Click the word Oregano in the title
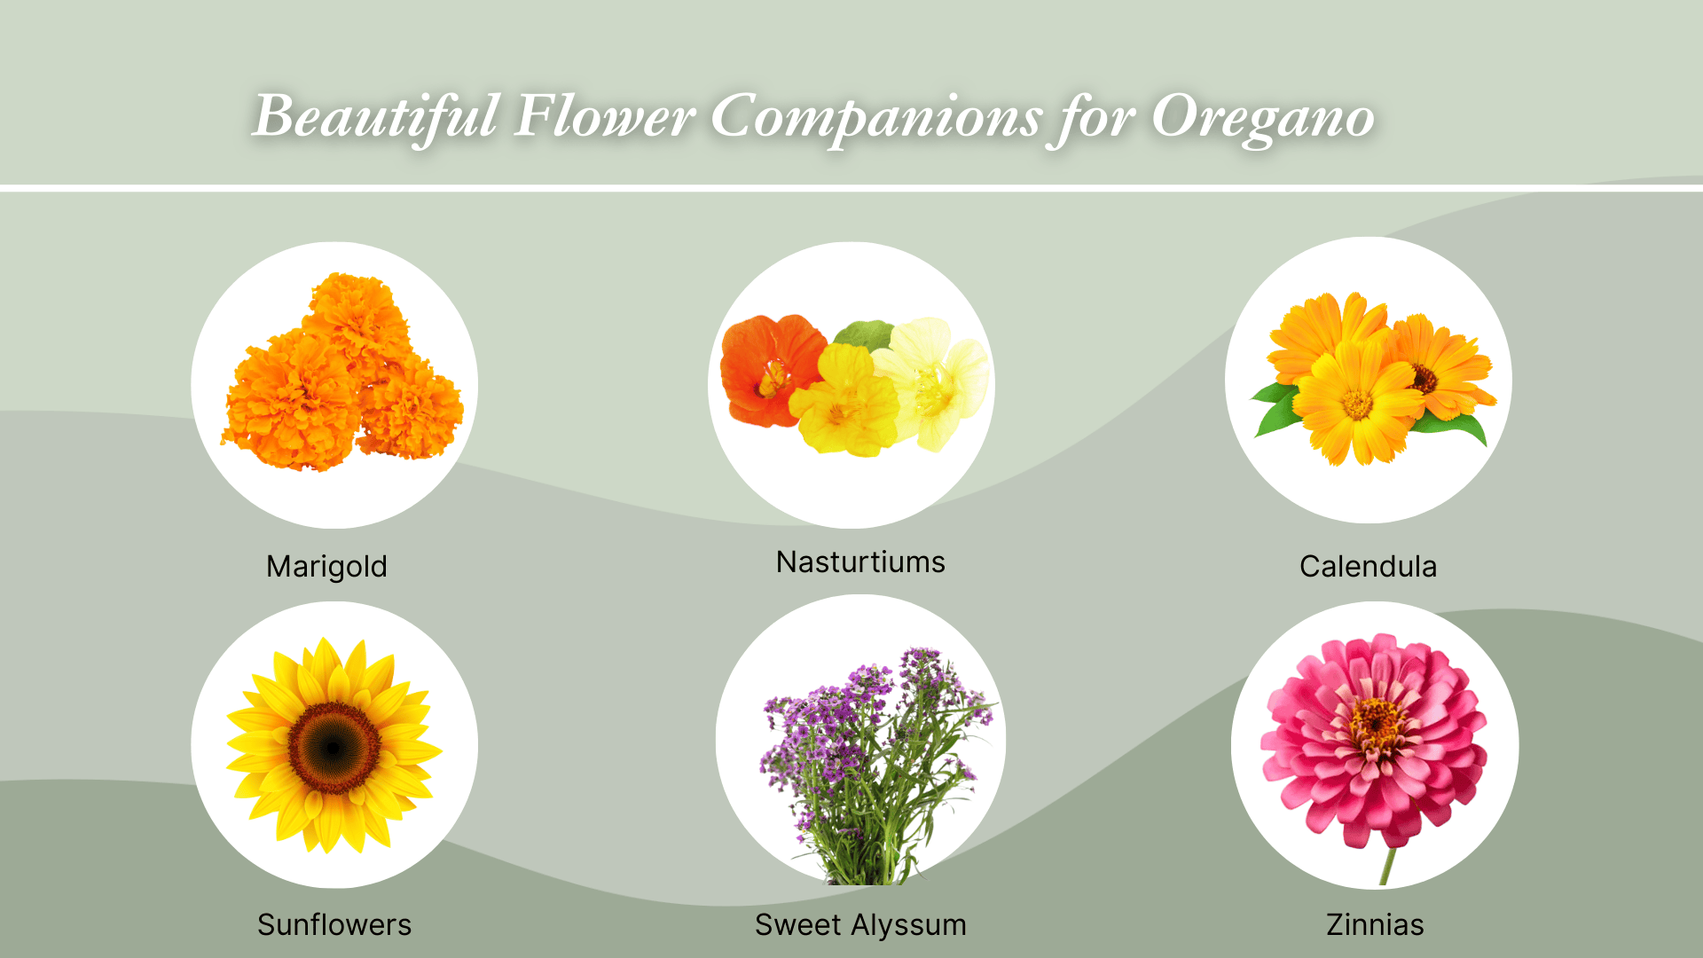(x=1262, y=117)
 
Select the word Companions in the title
(x=875, y=117)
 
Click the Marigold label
(x=326, y=566)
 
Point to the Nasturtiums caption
(x=860, y=561)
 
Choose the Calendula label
(x=1368, y=566)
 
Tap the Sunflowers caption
(x=334, y=924)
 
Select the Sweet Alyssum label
(x=860, y=924)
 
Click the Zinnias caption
(x=1375, y=924)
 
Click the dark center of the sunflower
(x=334, y=747)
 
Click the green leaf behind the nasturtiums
(x=863, y=334)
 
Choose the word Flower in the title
(x=603, y=117)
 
